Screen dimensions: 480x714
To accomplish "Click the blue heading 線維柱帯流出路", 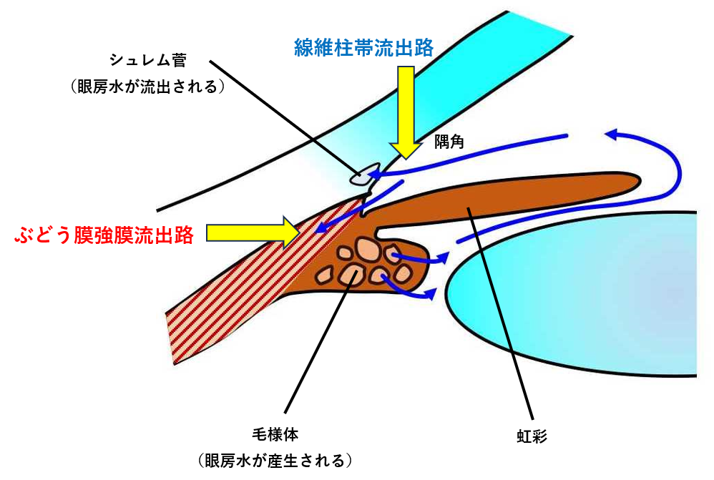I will coord(364,48).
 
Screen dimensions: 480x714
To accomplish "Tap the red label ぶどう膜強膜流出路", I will coord(104,235).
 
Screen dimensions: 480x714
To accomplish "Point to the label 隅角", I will coord(449,142).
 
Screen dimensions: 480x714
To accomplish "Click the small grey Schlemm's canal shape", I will coord(364,175).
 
